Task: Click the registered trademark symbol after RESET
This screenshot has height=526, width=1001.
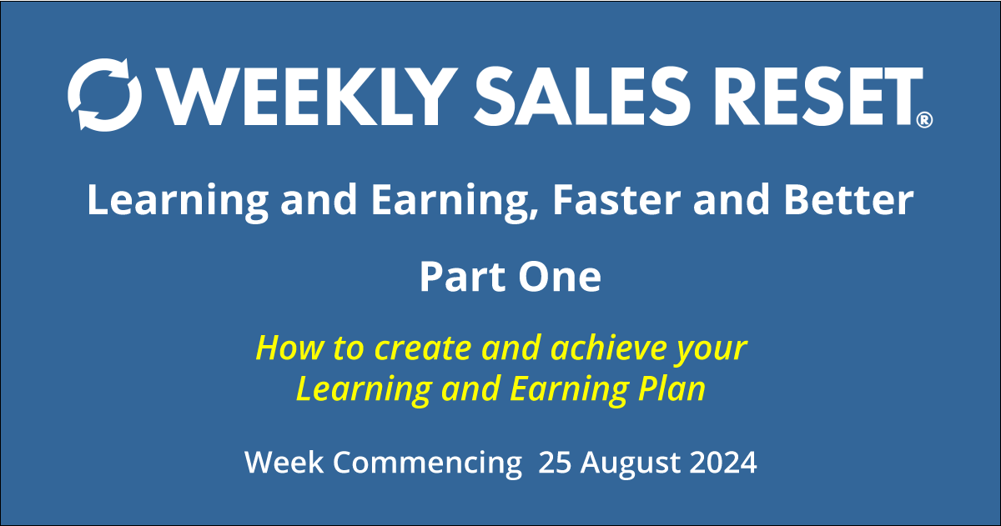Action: [x=924, y=121]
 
